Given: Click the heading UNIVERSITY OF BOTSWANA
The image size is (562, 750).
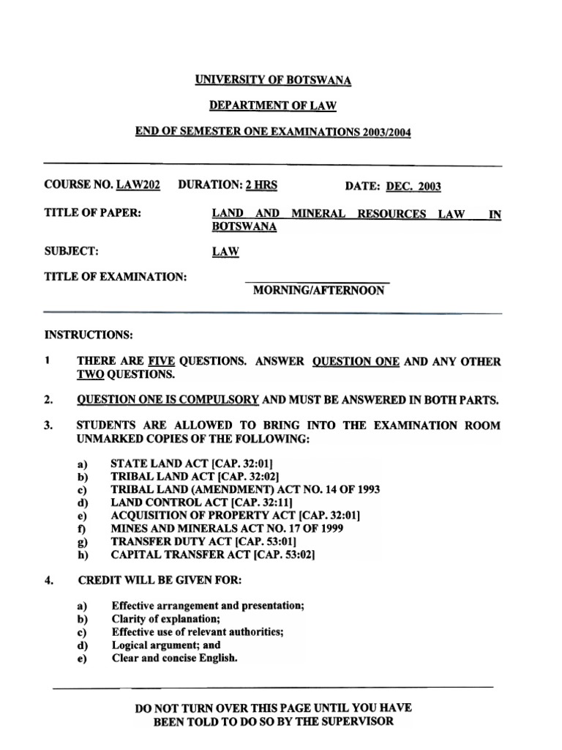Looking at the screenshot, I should (273, 80).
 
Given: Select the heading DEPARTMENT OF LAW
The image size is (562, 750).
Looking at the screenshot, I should (273, 106).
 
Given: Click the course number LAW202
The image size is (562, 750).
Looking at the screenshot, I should (138, 185).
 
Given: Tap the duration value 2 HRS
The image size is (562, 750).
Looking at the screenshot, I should (261, 185).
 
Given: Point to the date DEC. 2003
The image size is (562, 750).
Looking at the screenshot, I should (413, 186).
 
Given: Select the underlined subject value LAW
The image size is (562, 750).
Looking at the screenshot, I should (225, 252).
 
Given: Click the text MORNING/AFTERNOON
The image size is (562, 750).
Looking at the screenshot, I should (318, 291).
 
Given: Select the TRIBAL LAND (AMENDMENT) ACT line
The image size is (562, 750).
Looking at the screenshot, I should (245, 489).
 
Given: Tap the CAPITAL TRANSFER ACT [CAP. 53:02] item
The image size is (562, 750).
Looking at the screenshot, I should (212, 554).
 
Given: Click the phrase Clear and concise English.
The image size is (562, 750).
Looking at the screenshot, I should (175, 658).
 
